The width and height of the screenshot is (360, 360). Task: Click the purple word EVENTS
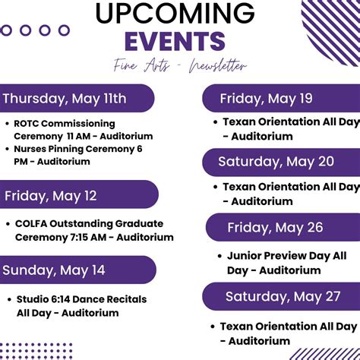(175, 41)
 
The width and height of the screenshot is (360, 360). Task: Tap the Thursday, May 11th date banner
(68, 98)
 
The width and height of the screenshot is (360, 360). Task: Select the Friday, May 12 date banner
(53, 195)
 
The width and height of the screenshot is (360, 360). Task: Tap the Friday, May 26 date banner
(274, 227)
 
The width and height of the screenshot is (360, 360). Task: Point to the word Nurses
(32, 149)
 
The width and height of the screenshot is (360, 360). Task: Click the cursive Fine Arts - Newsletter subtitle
(180, 66)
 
